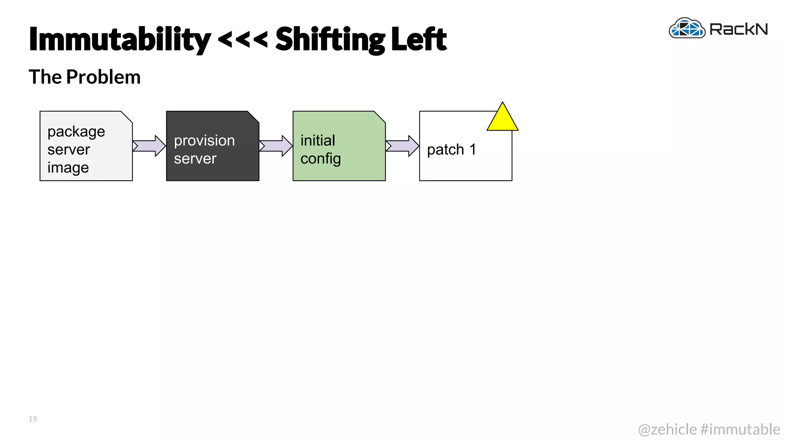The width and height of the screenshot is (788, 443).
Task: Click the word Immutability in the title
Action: (120, 39)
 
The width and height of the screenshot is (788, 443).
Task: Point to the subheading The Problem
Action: (85, 77)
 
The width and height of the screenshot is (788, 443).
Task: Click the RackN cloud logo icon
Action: (687, 28)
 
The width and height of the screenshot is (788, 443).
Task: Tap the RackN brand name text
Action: (738, 29)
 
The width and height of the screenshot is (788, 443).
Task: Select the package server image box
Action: (86, 146)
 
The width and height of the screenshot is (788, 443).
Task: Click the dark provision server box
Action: (212, 146)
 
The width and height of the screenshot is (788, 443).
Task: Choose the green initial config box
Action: (339, 146)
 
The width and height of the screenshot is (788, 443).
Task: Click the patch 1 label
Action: (451, 150)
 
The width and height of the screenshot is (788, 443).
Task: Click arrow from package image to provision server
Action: (149, 146)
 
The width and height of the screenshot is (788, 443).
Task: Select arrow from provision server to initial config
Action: (276, 146)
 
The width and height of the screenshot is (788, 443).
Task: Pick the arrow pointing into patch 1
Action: (402, 146)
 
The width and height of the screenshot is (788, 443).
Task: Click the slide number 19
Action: (33, 419)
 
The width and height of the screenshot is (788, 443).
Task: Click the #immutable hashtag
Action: (740, 429)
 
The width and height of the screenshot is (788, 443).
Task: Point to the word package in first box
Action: (76, 132)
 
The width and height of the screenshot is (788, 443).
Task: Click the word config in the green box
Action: (321, 159)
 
